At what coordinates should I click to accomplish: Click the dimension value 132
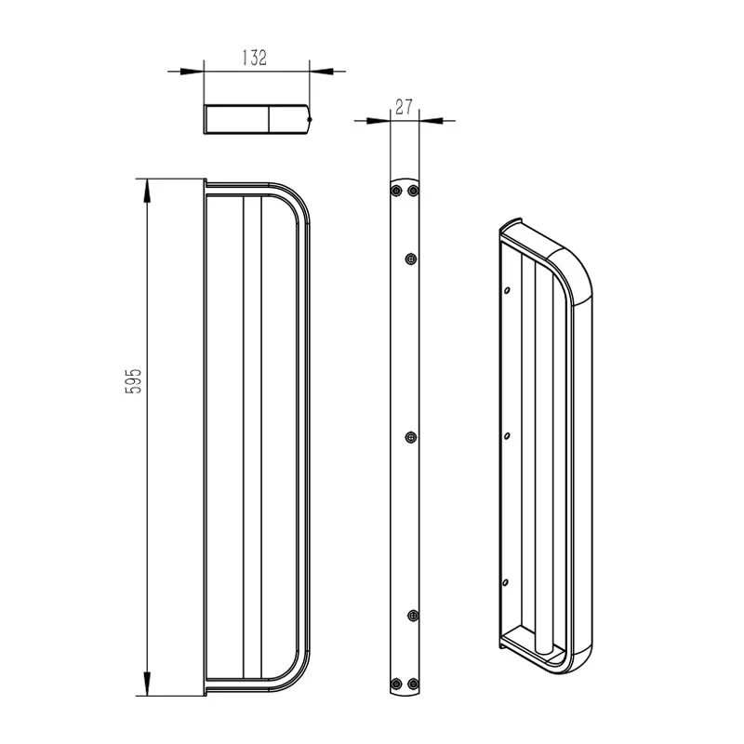tap(255, 57)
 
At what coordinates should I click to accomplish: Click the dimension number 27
tap(404, 106)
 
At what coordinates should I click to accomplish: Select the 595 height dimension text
tap(133, 380)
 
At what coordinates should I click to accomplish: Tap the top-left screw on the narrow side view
tap(397, 191)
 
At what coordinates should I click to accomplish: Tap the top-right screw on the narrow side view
tap(414, 191)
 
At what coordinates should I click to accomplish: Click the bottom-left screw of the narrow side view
tap(396, 684)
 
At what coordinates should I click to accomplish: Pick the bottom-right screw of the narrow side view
tap(413, 684)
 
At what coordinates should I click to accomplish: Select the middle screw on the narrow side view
tap(411, 437)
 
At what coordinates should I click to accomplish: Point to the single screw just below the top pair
tap(411, 259)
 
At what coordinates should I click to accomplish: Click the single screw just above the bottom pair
tap(413, 616)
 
